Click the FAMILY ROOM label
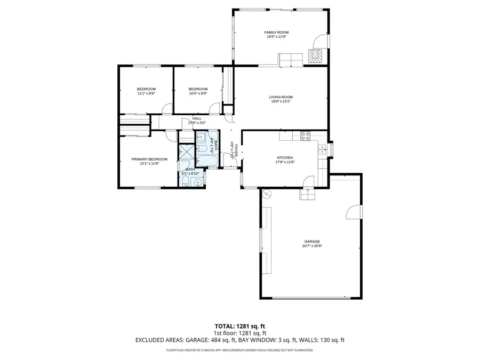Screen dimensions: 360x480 click(x=277, y=33)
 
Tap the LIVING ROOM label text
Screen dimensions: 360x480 click(x=281, y=97)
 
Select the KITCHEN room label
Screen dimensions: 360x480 click(x=285, y=157)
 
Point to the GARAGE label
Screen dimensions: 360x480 click(x=313, y=242)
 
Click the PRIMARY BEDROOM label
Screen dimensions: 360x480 click(x=149, y=159)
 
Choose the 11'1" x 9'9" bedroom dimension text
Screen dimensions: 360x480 click(x=146, y=93)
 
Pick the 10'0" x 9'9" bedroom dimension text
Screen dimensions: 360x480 click(x=197, y=93)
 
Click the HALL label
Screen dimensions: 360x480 click(x=196, y=118)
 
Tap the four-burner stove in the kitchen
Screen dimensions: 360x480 click(x=306, y=136)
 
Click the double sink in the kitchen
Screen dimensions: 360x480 click(x=323, y=150)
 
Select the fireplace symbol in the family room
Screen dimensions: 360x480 click(x=316, y=56)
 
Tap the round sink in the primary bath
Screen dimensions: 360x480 click(x=198, y=182)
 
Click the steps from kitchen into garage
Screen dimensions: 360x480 click(x=307, y=196)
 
